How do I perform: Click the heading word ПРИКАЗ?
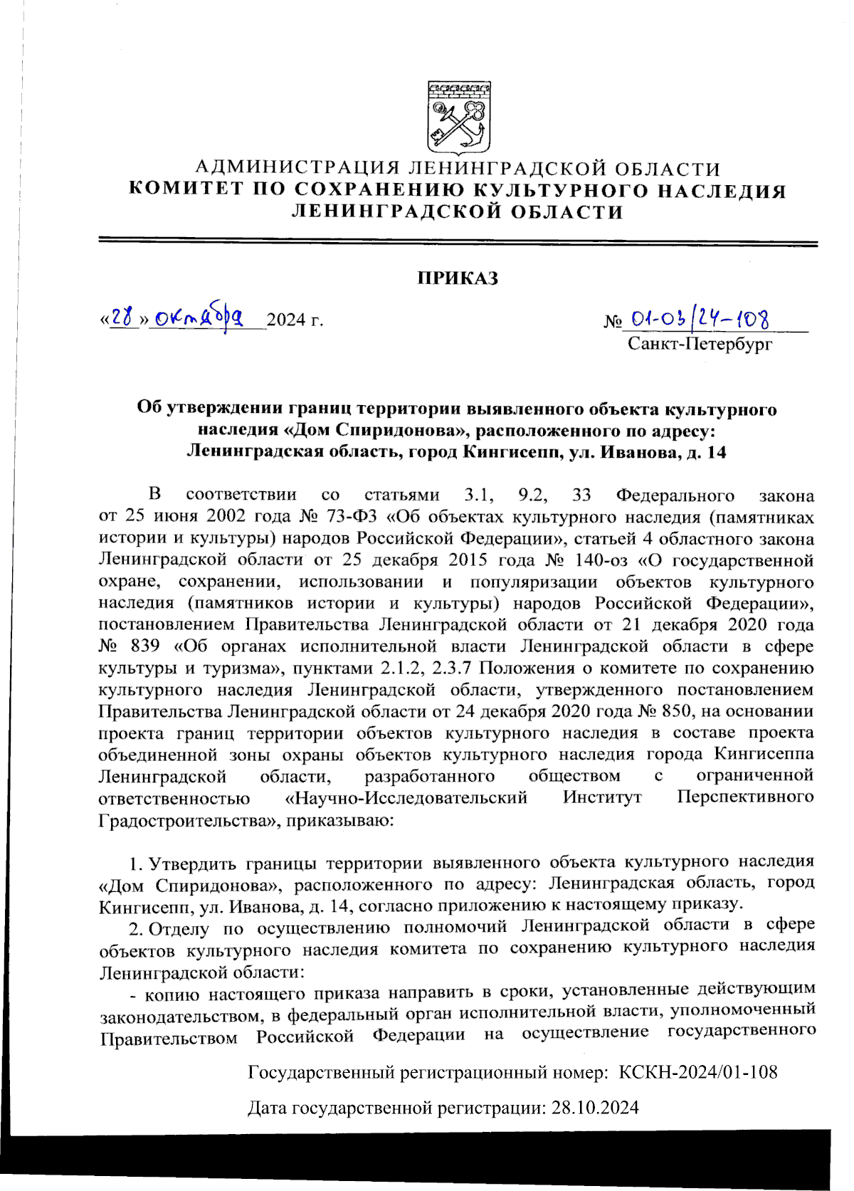pyautogui.click(x=458, y=278)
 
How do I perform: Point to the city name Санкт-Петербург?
pyautogui.click(x=700, y=345)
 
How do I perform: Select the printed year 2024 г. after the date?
pyautogui.click(x=296, y=320)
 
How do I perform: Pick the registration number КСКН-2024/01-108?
pyautogui.click(x=698, y=1072)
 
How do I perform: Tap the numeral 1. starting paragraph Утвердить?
pyautogui.click(x=135, y=864)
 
